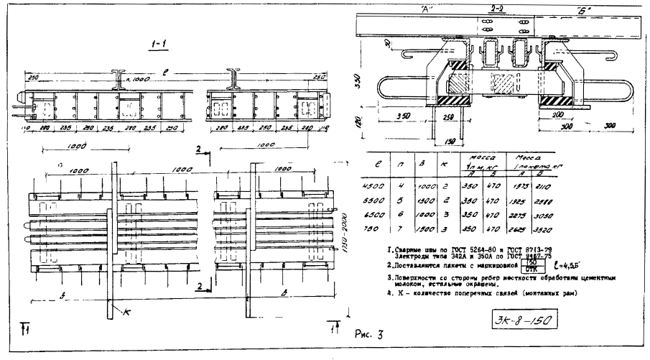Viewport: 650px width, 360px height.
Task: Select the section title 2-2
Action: (495, 7)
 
